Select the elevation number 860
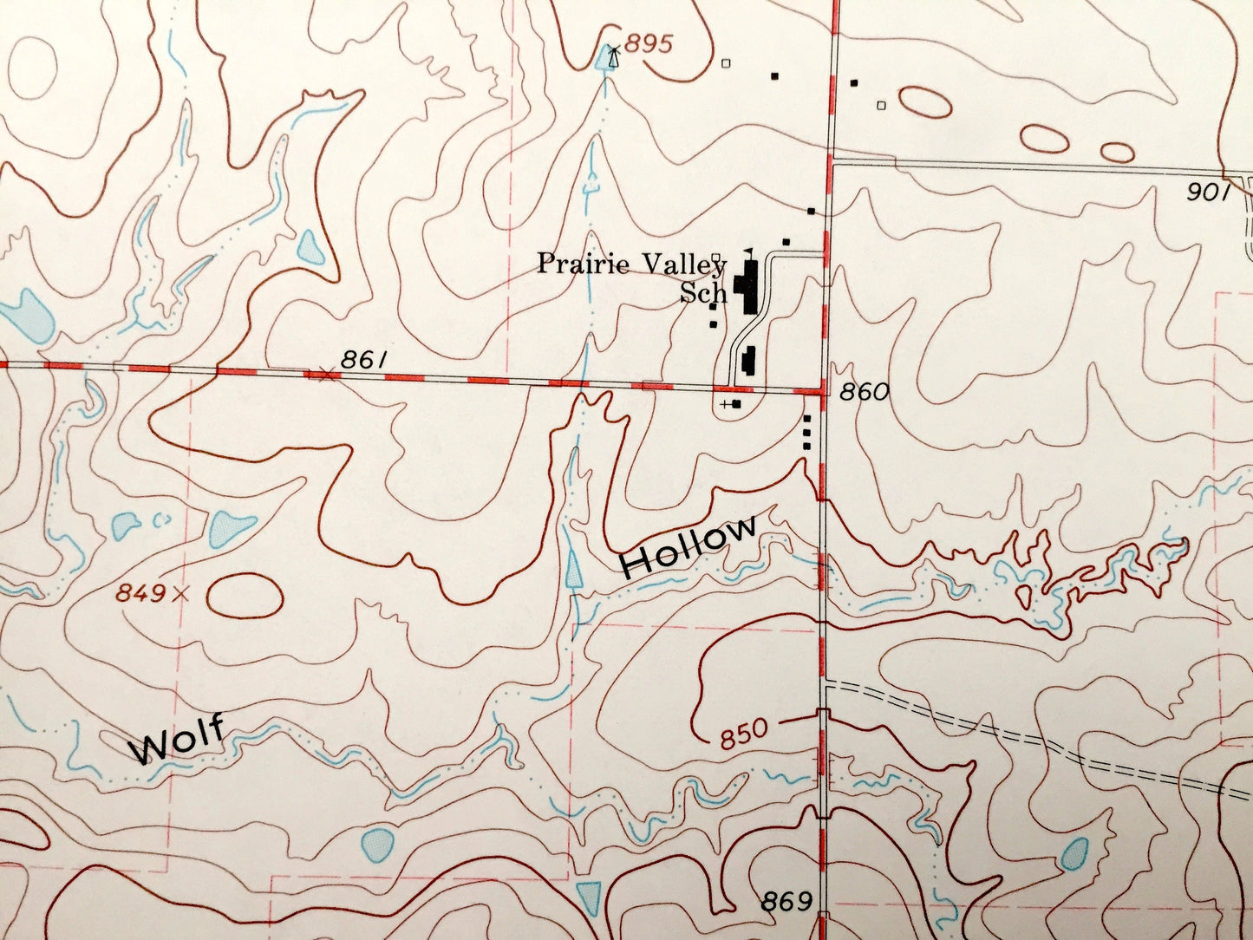864,392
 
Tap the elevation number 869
786,902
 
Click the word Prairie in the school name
583,263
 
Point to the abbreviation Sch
703,293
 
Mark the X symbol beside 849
180,594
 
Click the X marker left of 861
325,375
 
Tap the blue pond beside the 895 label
604,59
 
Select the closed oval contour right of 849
245,596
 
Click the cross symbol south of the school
725,404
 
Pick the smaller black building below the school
749,361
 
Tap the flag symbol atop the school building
748,252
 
